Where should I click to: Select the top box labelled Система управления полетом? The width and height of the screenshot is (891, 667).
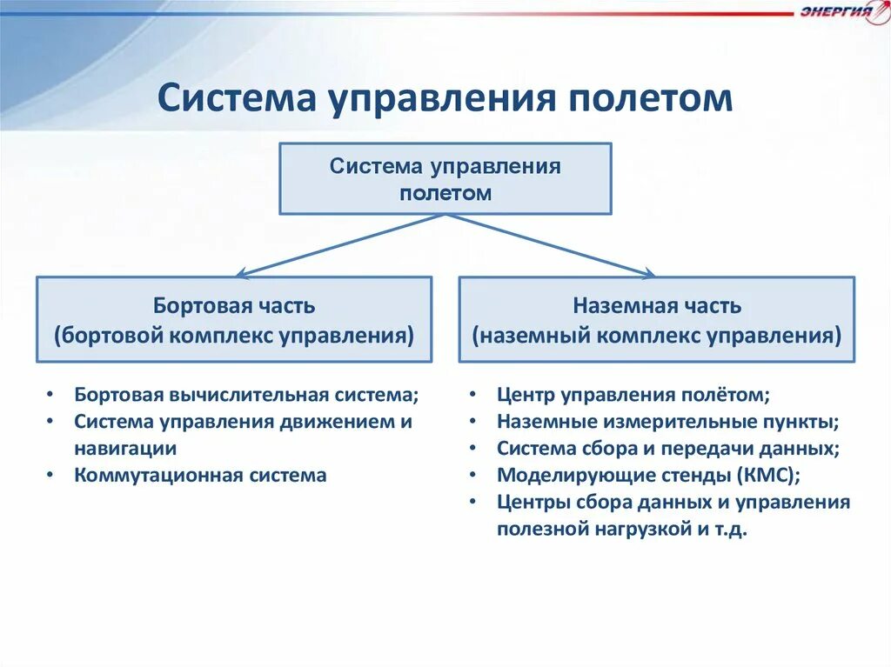pyautogui.click(x=445, y=179)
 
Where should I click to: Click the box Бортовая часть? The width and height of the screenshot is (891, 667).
pyautogui.click(x=233, y=319)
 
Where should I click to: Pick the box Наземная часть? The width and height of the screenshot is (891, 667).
pyautogui.click(x=656, y=319)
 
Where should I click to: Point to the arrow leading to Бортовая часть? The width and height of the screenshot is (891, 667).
pyautogui.click(x=339, y=246)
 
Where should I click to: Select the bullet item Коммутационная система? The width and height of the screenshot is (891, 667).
pyautogui.click(x=200, y=476)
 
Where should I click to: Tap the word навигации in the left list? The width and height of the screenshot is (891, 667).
pyautogui.click(x=125, y=449)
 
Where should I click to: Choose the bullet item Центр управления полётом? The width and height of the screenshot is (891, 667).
pyautogui.click(x=633, y=395)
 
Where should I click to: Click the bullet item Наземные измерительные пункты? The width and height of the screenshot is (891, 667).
pyautogui.click(x=667, y=422)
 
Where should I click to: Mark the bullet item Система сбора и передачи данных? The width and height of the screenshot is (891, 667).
pyautogui.click(x=667, y=449)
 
